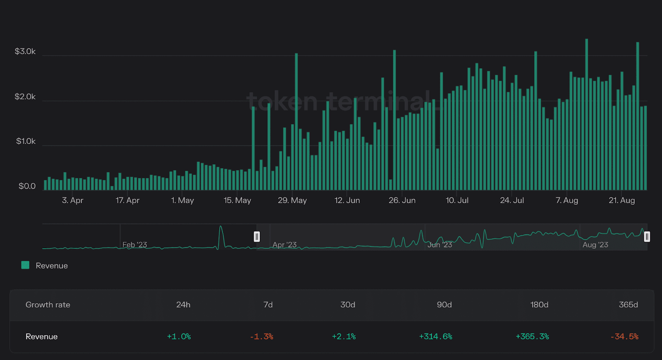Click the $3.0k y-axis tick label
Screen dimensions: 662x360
[x=25, y=51]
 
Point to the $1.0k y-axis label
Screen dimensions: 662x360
[x=26, y=141]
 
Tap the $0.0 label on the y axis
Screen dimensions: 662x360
[x=27, y=186]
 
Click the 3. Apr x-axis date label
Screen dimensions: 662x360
[x=72, y=200]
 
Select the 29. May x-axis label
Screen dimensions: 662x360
[x=292, y=200]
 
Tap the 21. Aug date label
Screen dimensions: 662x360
[x=621, y=200]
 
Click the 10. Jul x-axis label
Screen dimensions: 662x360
[x=457, y=200]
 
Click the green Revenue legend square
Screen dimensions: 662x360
[x=25, y=265]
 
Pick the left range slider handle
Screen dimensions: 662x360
[x=257, y=236]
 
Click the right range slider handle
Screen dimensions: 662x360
[x=647, y=236]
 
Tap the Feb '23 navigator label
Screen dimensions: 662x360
[x=134, y=245]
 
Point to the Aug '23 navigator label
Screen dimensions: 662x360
[x=595, y=245]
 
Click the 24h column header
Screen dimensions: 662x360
[x=183, y=305]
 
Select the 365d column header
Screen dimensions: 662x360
[x=628, y=305]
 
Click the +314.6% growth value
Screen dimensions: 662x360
[x=436, y=336]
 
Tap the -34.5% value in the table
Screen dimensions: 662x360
[x=624, y=336]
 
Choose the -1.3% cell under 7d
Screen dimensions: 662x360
[x=261, y=336]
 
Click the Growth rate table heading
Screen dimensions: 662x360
[x=48, y=305]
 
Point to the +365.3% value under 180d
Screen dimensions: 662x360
[x=532, y=336]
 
